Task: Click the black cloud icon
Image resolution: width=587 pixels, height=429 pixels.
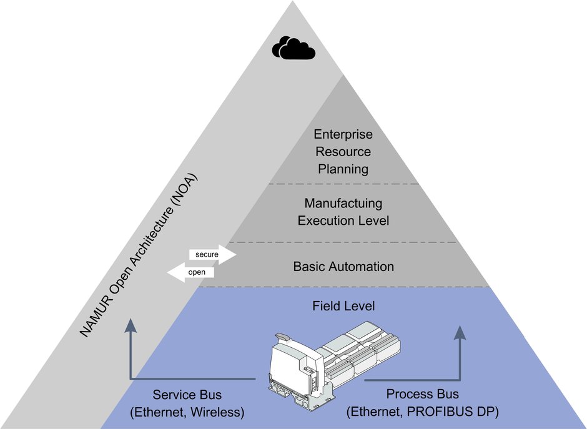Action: pos(293,48)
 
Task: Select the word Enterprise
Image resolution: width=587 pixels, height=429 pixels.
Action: pos(343,134)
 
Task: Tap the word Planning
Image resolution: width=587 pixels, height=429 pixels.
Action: pos(343,169)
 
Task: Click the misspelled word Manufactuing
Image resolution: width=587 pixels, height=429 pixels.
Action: pos(343,204)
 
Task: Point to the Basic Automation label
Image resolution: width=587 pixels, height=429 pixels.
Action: pos(343,267)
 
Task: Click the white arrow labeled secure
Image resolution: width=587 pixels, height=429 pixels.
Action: pos(212,255)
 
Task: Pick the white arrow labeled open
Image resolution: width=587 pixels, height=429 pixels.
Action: pos(191,272)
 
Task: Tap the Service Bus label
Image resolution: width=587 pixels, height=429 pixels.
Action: pos(187,395)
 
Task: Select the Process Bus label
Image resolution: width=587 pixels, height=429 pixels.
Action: pos(422,394)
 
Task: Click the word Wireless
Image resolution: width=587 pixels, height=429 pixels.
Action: pos(218,412)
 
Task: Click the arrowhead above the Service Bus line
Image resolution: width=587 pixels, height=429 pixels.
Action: pos(130,325)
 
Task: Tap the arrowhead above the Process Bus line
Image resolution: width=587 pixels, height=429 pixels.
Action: pos(460,332)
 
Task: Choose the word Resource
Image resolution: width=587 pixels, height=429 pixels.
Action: pos(343,152)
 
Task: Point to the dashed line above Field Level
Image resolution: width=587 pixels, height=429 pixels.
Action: pos(343,287)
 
